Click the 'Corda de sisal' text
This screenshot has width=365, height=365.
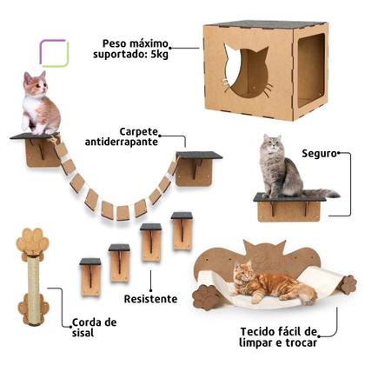click(94, 327)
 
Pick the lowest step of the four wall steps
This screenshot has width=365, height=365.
click(90, 275)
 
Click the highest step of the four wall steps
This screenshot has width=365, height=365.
click(182, 230)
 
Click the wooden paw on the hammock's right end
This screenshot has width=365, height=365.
click(348, 284)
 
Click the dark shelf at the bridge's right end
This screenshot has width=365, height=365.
click(198, 156)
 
